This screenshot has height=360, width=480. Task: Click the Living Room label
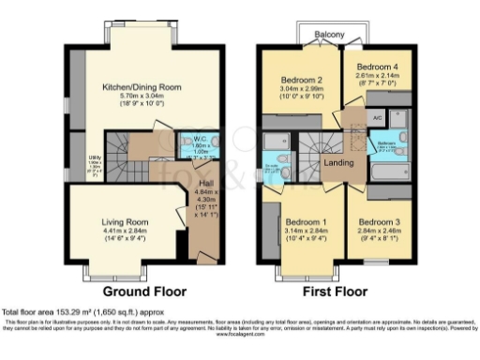[125, 222]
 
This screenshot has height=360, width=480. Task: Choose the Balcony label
[328, 36]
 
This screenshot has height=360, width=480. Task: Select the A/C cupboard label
[377, 118]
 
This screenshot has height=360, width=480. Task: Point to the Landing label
[338, 163]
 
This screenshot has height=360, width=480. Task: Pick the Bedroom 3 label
[379, 222]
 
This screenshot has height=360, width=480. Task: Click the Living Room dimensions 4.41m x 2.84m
[125, 232]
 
